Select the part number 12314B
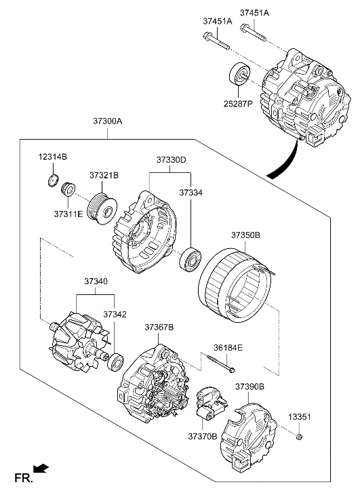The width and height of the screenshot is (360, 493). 52,157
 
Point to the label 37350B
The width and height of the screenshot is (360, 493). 246,235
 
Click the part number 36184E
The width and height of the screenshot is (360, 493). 228,347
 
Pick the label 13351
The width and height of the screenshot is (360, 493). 300,416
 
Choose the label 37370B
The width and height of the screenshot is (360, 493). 203,436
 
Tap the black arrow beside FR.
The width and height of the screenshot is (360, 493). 42,467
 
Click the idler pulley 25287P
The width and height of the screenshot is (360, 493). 239,74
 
